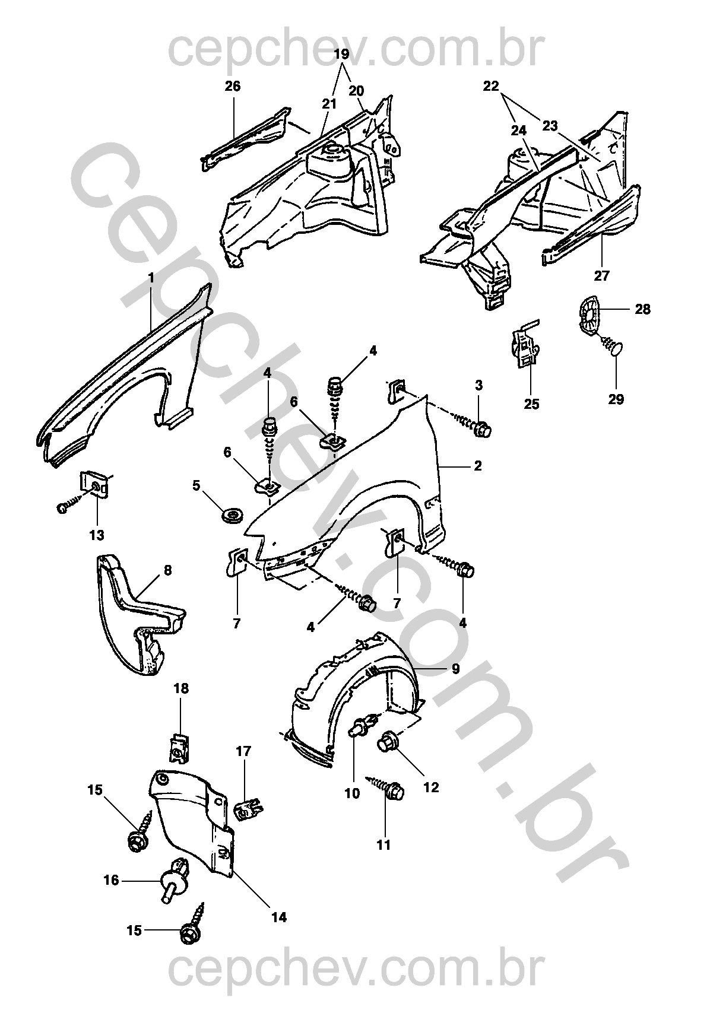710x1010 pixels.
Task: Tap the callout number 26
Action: [233, 86]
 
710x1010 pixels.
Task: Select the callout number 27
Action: [601, 275]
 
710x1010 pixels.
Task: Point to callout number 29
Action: [616, 399]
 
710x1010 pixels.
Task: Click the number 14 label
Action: [280, 917]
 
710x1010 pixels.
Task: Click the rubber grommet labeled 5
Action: [234, 514]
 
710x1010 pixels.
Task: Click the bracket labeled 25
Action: [525, 345]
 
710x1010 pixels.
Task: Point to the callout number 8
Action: [168, 570]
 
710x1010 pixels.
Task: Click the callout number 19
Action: [341, 55]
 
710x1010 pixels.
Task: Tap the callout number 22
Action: [491, 85]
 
